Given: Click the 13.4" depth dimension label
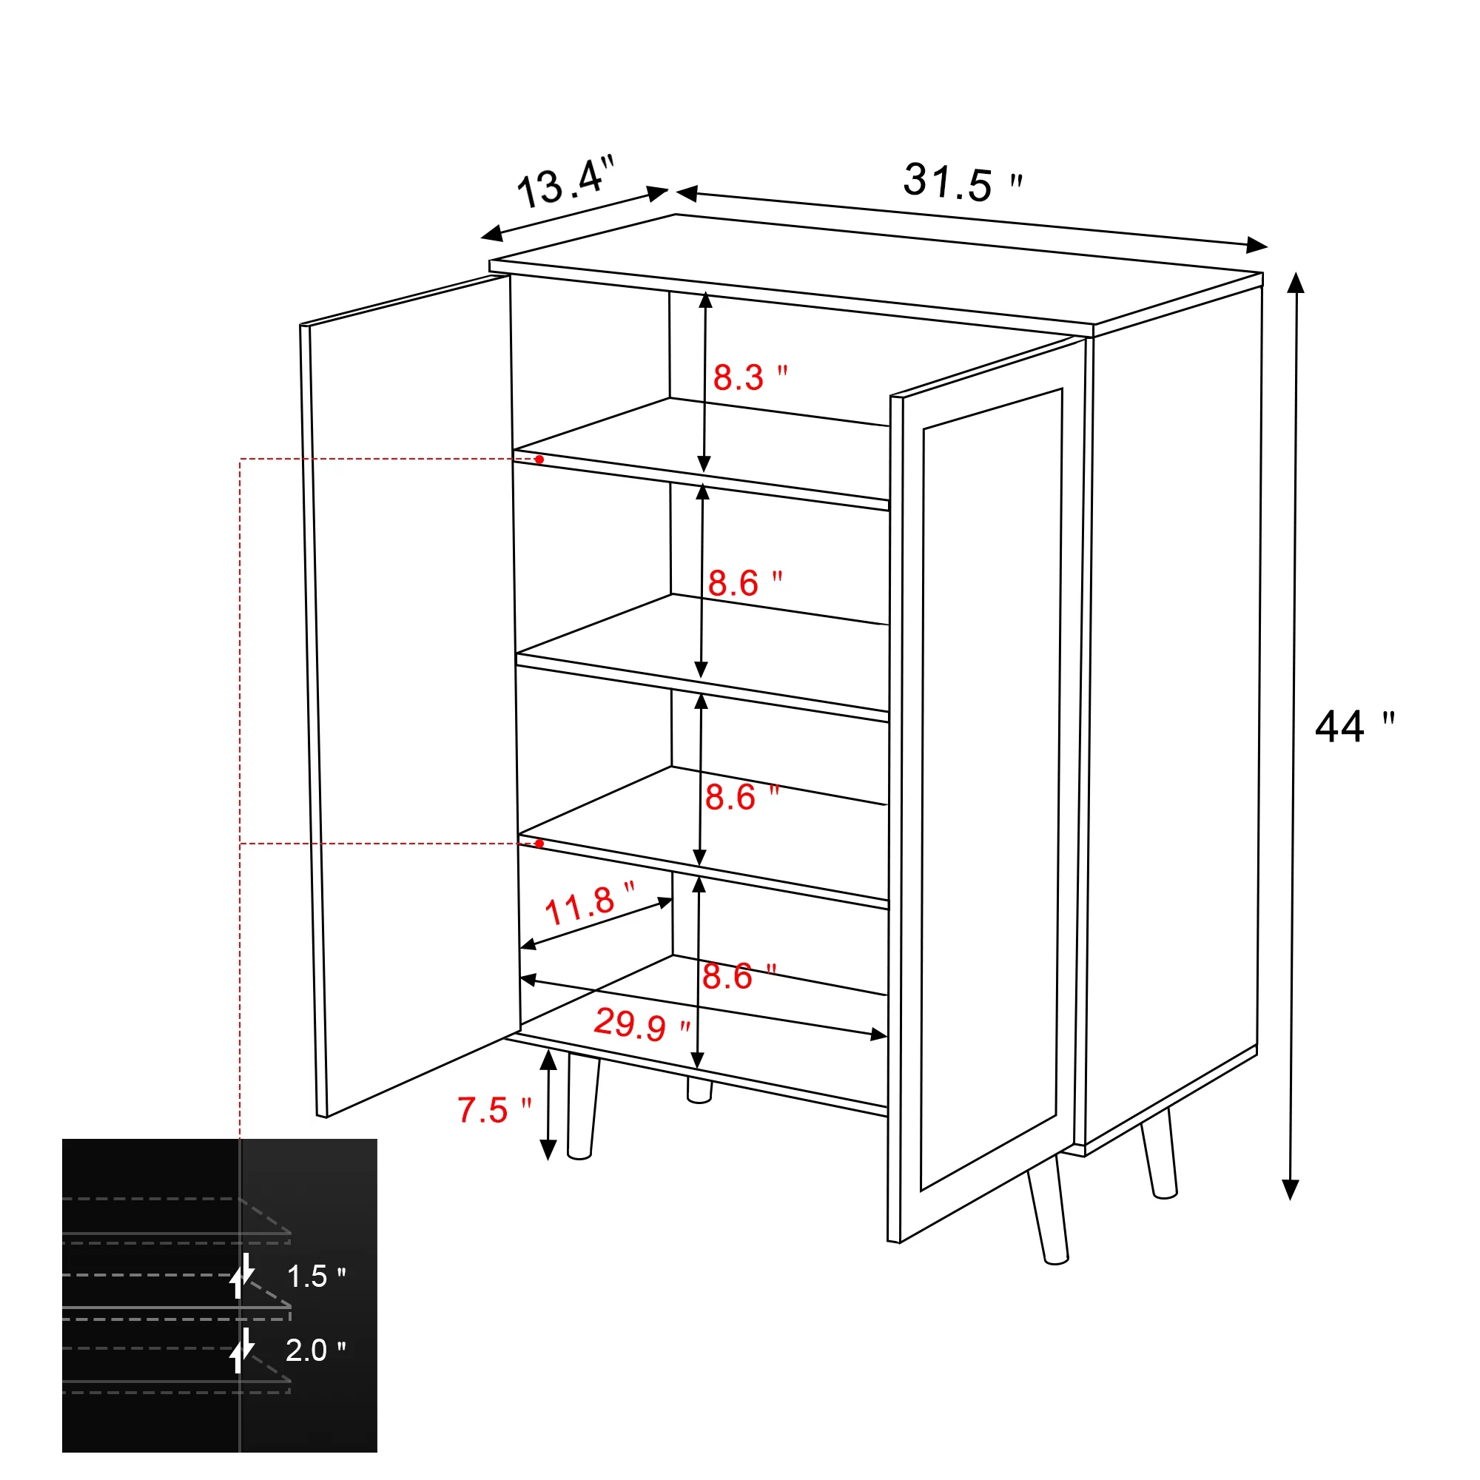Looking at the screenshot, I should click(565, 182).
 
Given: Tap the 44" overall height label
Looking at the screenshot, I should click(1352, 727).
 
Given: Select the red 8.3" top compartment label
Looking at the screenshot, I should click(748, 377).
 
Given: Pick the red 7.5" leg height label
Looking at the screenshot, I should click(494, 1110).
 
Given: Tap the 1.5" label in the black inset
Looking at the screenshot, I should click(314, 1276).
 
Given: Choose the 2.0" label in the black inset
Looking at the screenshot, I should click(314, 1350).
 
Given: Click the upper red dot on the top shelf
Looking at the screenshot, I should click(539, 460).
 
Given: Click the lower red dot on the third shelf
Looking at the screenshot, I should click(539, 844).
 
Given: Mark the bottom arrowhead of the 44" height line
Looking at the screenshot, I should click(1291, 1191).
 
